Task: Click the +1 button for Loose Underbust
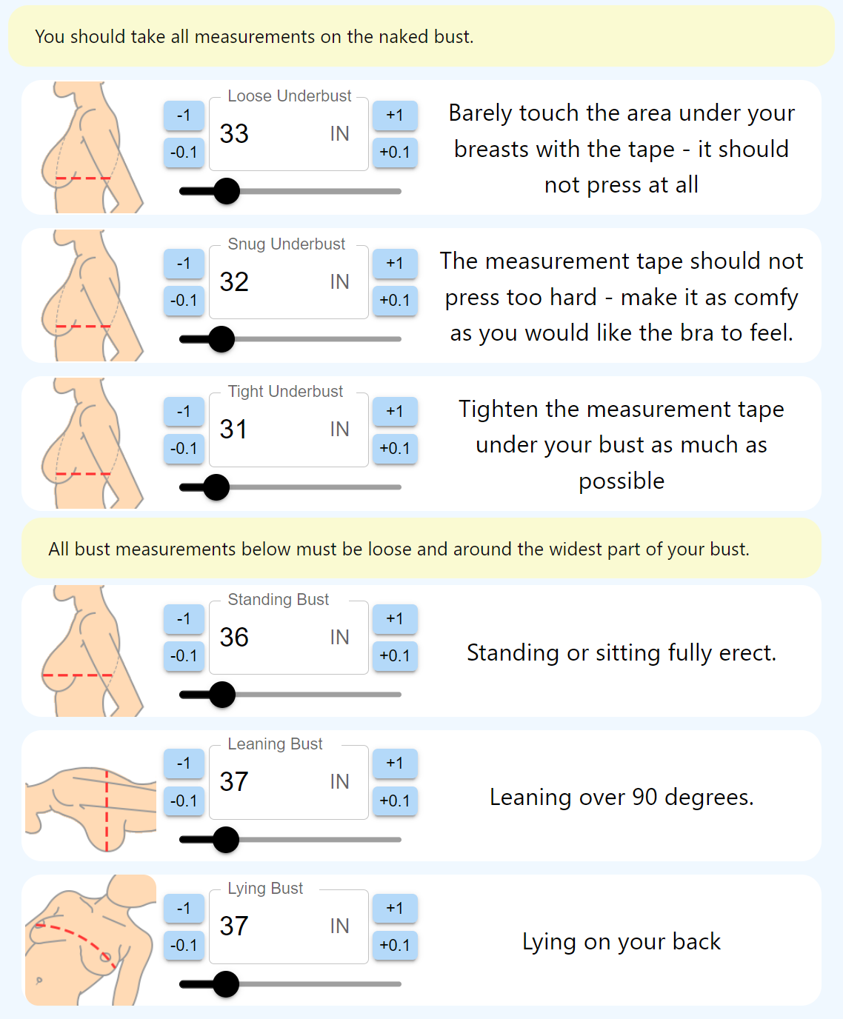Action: pos(394,116)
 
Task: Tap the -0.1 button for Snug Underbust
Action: pos(184,300)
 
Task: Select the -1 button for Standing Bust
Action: pos(184,619)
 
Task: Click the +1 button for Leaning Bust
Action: pos(394,764)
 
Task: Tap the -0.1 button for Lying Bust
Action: pos(184,945)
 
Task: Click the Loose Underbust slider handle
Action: pos(227,191)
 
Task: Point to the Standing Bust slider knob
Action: pos(222,695)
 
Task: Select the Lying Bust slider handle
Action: pos(226,984)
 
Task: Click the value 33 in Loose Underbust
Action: pos(234,134)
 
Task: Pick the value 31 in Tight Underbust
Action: pos(233,430)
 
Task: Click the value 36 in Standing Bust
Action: pos(234,638)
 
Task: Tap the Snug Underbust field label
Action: pos(287,244)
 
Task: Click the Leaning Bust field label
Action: pos(275,744)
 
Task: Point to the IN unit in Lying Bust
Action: pos(340,926)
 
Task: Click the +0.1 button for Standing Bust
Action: pos(394,655)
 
